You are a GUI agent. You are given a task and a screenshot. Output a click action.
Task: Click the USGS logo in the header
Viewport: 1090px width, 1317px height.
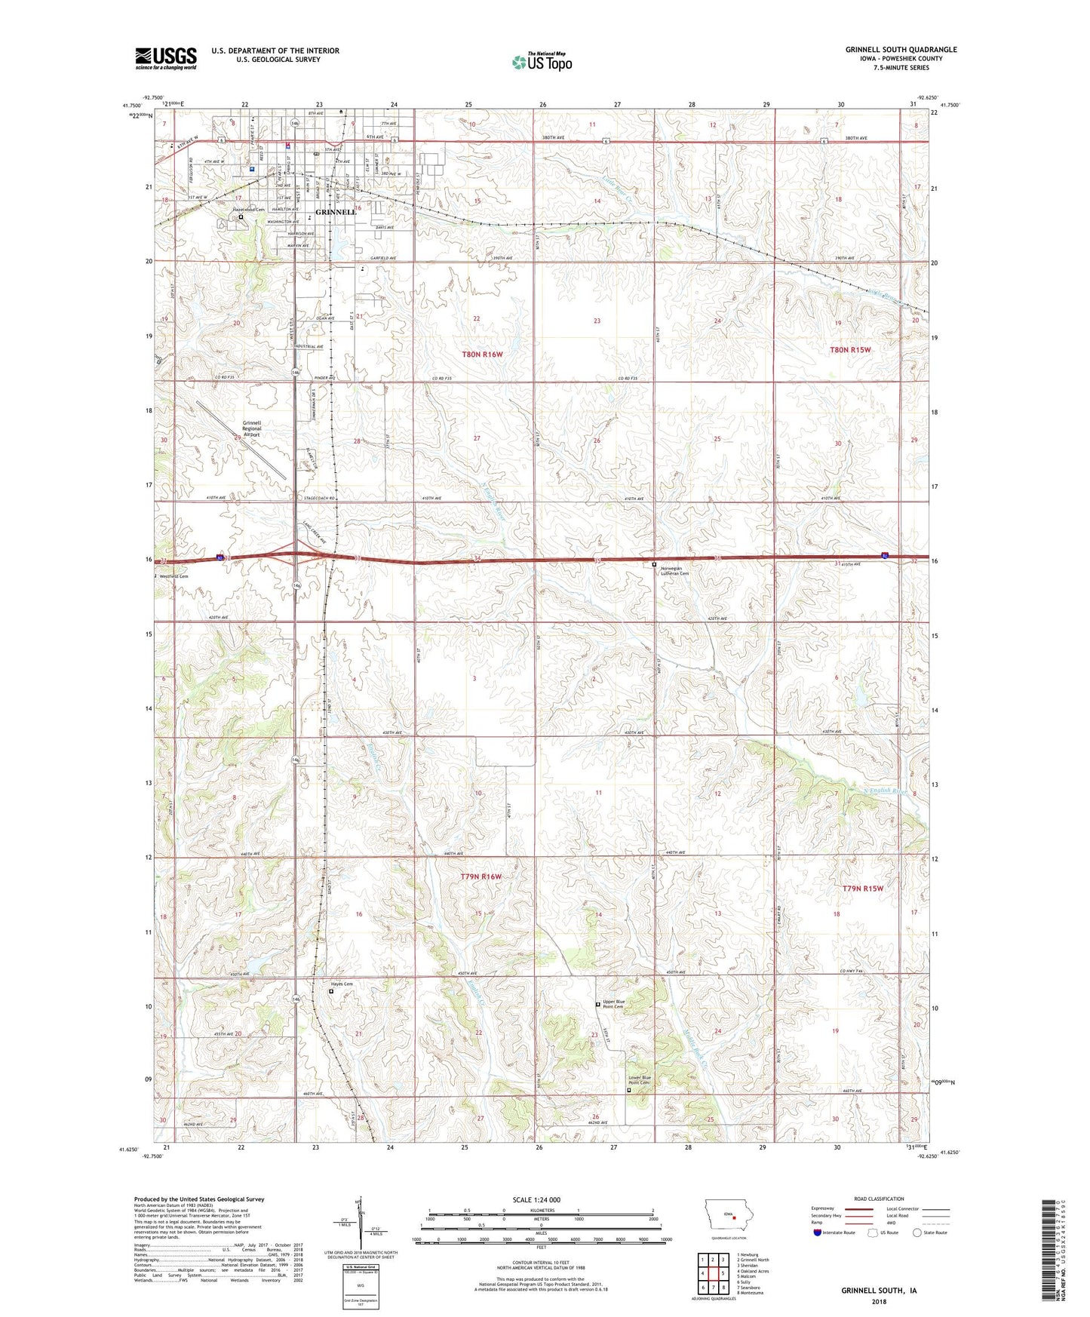pos(166,57)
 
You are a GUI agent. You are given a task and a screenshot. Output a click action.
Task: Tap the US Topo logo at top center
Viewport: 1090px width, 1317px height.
pos(541,62)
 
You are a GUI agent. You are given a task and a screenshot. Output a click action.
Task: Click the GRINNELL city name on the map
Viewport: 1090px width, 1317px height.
pos(336,213)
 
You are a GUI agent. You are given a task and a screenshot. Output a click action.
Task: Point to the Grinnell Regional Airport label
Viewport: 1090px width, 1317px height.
pos(252,428)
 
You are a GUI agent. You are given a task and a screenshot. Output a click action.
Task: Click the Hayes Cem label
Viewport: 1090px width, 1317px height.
pos(342,984)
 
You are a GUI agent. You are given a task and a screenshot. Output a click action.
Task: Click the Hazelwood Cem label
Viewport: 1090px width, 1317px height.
pos(249,209)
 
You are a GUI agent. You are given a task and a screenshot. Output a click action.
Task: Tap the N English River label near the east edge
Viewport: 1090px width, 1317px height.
pos(884,791)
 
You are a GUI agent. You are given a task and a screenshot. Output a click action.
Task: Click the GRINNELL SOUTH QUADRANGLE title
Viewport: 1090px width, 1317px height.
pos(901,50)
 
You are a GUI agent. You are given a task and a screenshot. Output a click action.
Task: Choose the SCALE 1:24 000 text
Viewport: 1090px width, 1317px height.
pos(536,1199)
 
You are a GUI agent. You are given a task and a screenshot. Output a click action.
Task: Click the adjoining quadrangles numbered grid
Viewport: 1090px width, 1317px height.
pos(712,1276)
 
